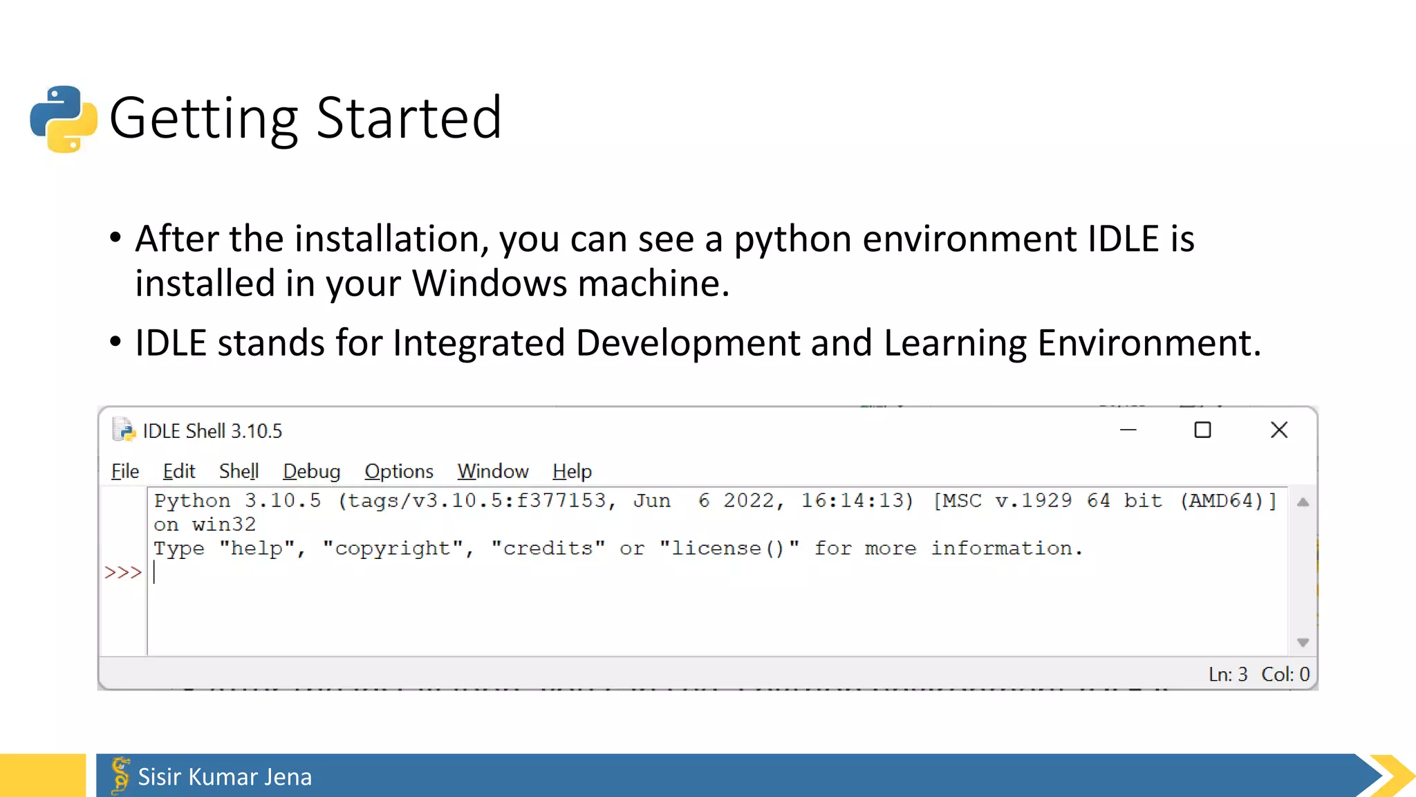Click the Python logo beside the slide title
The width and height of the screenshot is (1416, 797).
point(64,118)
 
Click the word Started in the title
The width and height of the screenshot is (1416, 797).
point(409,118)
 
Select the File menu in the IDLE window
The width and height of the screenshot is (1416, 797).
point(125,471)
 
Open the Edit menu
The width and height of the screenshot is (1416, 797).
point(179,471)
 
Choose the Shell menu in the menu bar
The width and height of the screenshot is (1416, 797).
point(239,471)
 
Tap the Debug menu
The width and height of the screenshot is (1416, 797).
point(311,471)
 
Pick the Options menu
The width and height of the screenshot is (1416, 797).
point(399,471)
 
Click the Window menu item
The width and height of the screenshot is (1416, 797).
point(493,471)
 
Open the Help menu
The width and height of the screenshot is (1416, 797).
point(572,471)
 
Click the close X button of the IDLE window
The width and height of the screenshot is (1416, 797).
point(1279,430)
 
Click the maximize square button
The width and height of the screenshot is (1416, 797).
point(1202,430)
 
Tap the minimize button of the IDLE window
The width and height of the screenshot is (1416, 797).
point(1128,430)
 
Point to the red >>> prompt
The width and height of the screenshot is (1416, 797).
point(122,573)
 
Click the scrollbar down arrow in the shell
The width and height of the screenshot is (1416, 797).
point(1303,643)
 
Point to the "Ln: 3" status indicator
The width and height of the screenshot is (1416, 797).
point(1228,675)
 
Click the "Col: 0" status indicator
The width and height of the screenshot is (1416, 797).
point(1285,675)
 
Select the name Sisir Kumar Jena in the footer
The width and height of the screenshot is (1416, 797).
point(225,777)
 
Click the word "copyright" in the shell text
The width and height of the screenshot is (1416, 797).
point(393,549)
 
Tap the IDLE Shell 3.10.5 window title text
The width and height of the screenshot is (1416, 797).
point(212,431)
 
